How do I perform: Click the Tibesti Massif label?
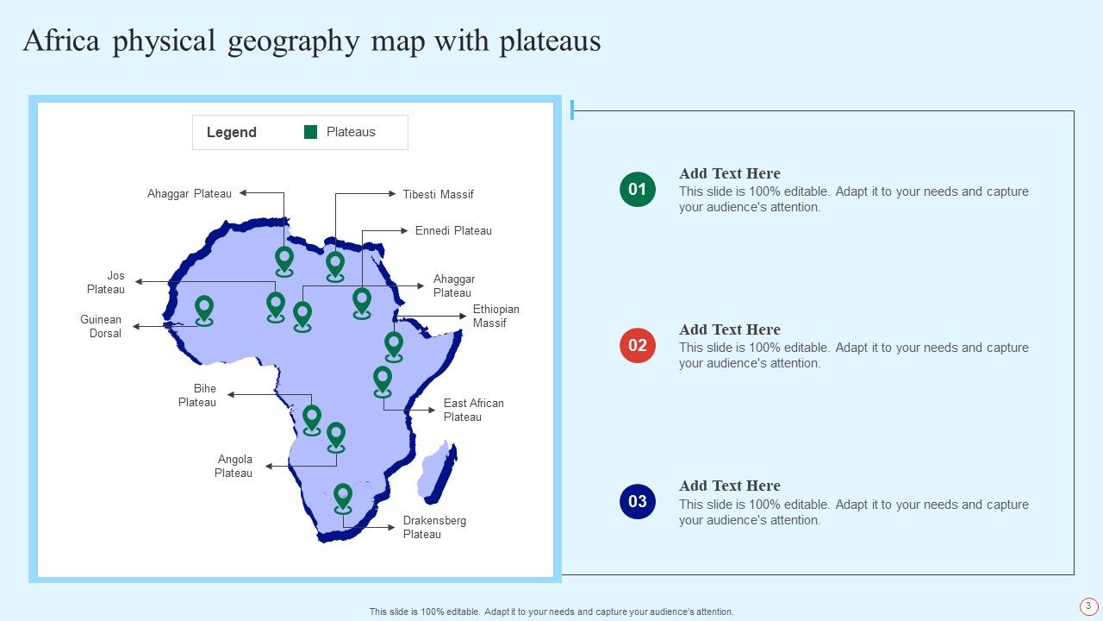pos(438,195)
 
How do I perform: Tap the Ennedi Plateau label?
pos(453,231)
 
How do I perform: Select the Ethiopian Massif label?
pos(495,317)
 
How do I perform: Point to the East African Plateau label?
pos(473,410)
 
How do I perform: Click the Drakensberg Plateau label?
pos(434,528)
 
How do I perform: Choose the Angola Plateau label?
pos(234,467)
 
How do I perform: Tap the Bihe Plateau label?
pos(197,396)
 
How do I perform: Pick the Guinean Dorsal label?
pos(102,327)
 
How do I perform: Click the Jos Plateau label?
pos(107,283)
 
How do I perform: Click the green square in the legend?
pos(311,132)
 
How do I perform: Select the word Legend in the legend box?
pos(232,133)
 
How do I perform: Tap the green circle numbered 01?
pos(638,190)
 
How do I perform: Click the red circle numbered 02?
pos(638,346)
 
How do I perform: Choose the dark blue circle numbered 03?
pos(638,502)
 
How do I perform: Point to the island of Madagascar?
pos(437,472)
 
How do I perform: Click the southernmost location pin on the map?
pos(343,498)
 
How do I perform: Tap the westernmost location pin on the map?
pos(204,310)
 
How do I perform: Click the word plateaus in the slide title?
pos(550,41)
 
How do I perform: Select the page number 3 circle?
pos(1088,606)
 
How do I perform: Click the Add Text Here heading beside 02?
pos(729,329)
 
